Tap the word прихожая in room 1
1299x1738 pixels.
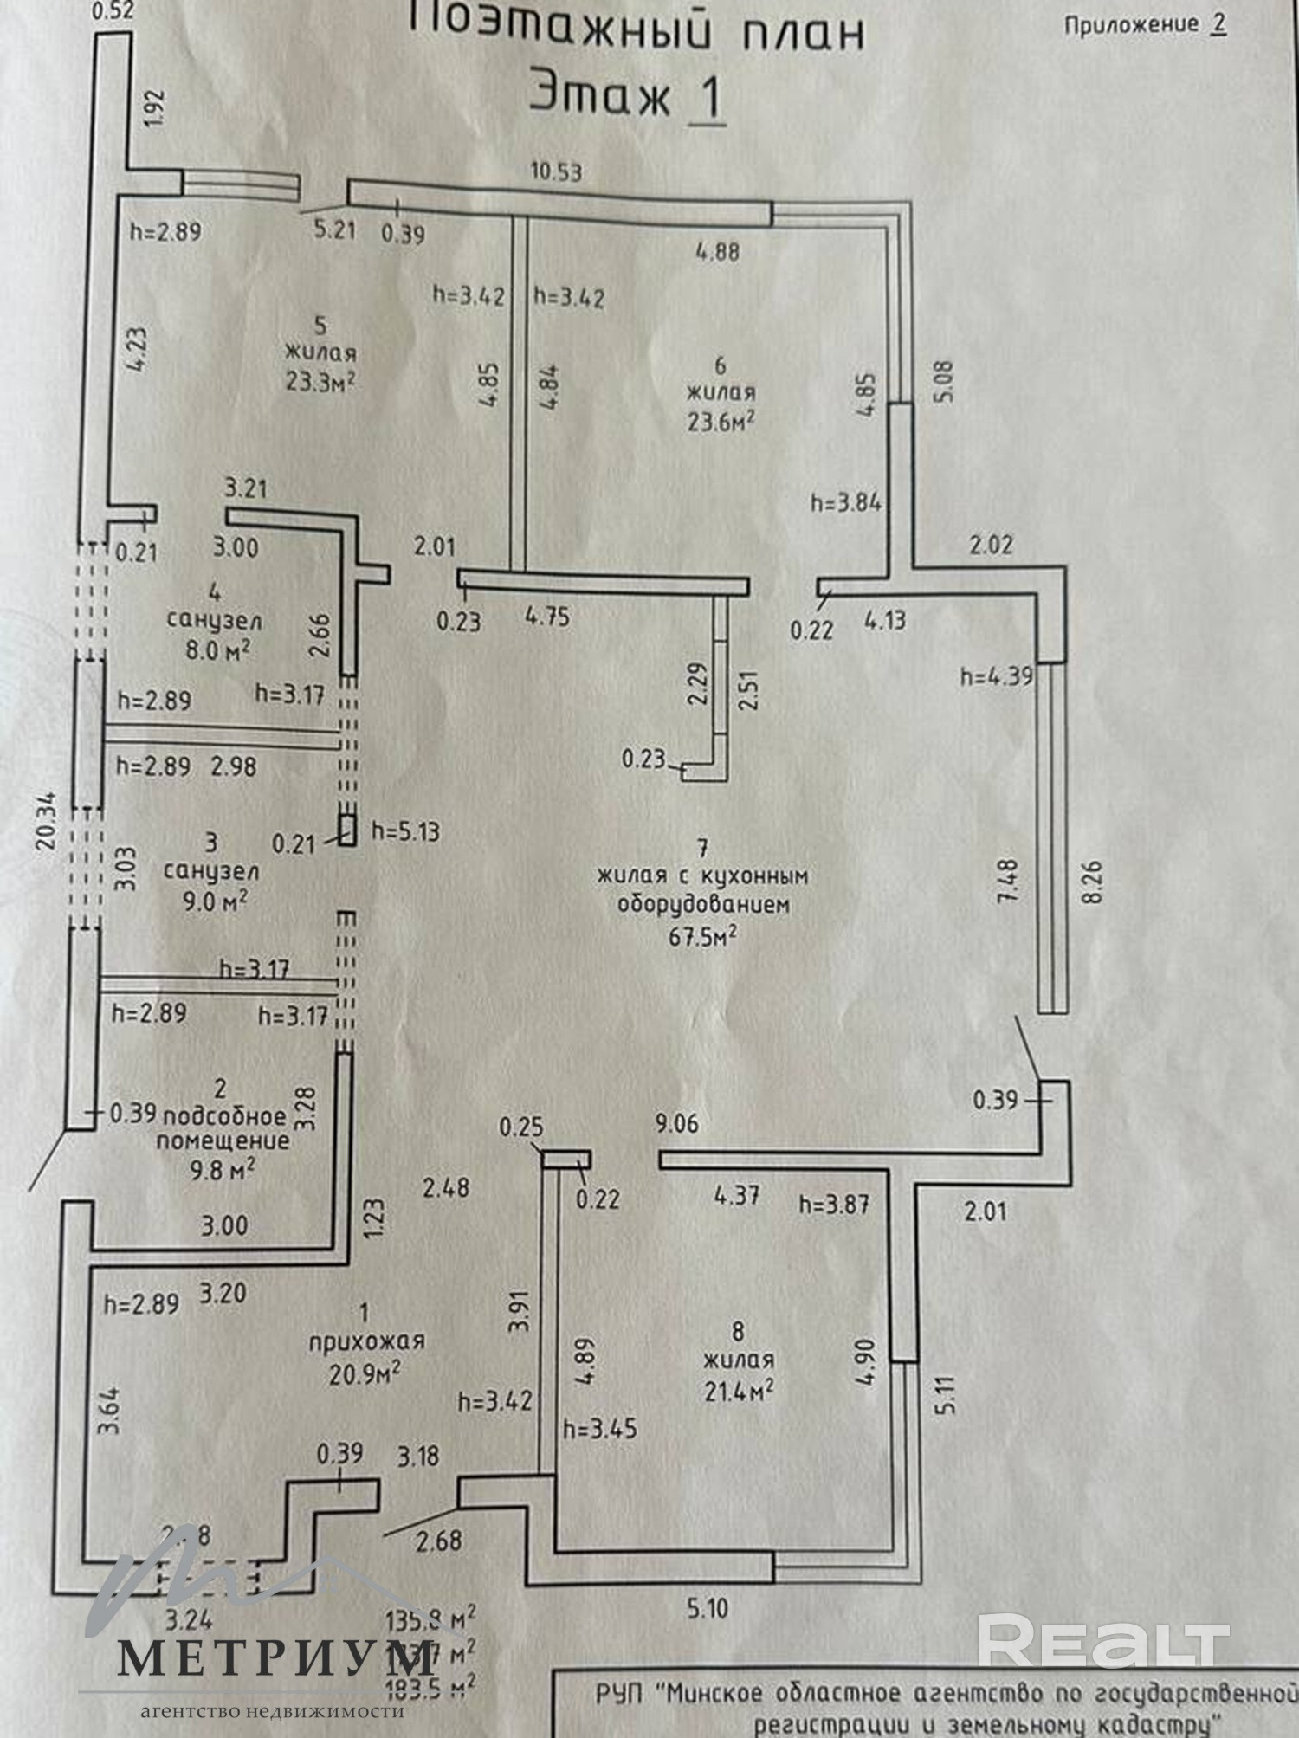367,1341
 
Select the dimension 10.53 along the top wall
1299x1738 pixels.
556,171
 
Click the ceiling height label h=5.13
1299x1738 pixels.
405,832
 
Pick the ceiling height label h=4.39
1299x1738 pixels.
996,676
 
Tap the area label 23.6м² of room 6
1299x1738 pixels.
721,421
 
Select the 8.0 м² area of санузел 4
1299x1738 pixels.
217,649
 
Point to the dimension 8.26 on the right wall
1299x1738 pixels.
1092,882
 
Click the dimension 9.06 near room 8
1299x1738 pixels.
676,1124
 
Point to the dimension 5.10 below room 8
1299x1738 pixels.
707,1609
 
